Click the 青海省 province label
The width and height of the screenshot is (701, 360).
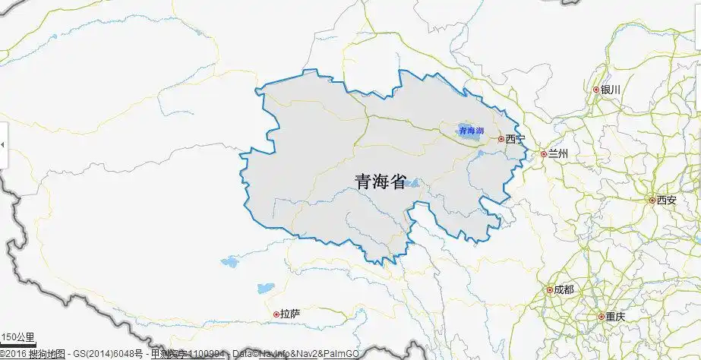pos(380,181)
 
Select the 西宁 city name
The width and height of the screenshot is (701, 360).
pos(515,139)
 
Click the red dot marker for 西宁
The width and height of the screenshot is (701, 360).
pos(500,139)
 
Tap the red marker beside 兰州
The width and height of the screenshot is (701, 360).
pos(544,153)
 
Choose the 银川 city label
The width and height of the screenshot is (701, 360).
pos(611,90)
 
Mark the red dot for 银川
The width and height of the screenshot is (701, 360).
pos(596,90)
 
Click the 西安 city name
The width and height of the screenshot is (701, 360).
pos(666,201)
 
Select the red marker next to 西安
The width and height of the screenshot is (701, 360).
pos(652,201)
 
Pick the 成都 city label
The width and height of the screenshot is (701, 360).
pos(564,290)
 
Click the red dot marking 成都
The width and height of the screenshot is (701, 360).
pos(550,290)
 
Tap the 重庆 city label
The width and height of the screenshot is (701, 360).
pos(615,317)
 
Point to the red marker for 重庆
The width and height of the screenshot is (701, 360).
pos(601,317)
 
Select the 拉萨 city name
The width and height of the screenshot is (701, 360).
pos(290,314)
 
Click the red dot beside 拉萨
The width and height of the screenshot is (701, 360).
pos(276,314)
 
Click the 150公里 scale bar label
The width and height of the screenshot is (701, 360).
pos(17,337)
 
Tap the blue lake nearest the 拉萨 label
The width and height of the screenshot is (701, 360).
pos(265,289)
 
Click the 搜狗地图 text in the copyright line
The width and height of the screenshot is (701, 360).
pos(46,354)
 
